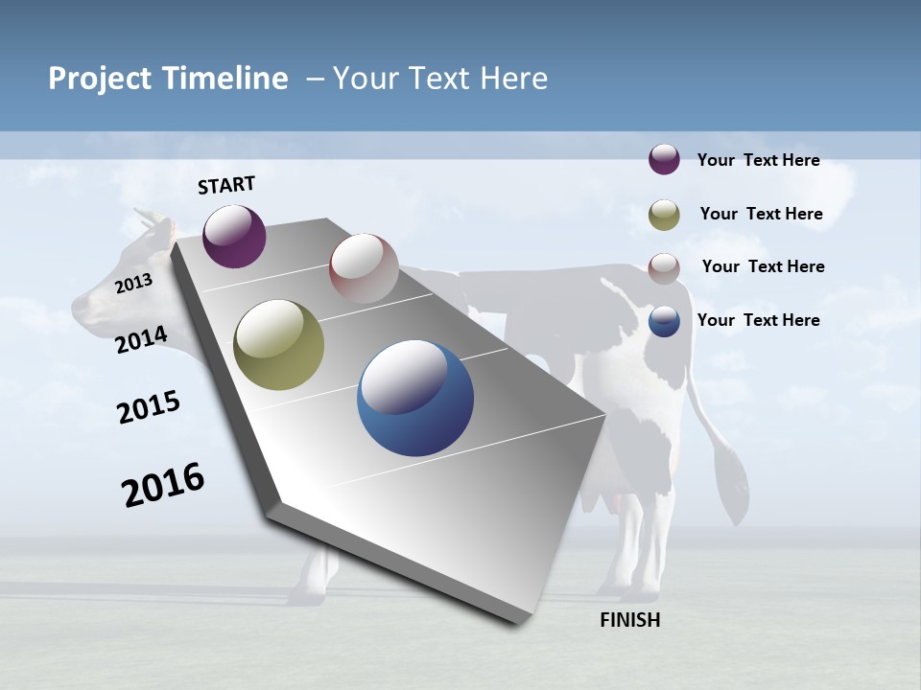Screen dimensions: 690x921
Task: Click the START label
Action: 226,185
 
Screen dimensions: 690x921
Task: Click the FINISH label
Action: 630,620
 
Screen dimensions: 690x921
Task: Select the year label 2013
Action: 133,283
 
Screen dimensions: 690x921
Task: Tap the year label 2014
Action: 141,339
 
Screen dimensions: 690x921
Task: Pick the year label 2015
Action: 149,406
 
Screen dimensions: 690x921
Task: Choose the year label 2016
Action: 163,485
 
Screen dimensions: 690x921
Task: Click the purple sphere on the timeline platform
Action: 234,236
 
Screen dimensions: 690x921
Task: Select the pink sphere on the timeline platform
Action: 364,268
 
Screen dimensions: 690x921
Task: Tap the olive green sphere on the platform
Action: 279,344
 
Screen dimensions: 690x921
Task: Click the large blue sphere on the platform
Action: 415,398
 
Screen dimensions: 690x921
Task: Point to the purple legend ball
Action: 664,159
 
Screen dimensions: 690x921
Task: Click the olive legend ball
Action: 664,215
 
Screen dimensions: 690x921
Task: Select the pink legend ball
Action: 664,268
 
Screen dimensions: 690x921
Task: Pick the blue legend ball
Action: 664,321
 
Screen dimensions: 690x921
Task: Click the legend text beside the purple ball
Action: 758,161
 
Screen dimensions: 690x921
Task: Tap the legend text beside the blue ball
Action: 758,320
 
